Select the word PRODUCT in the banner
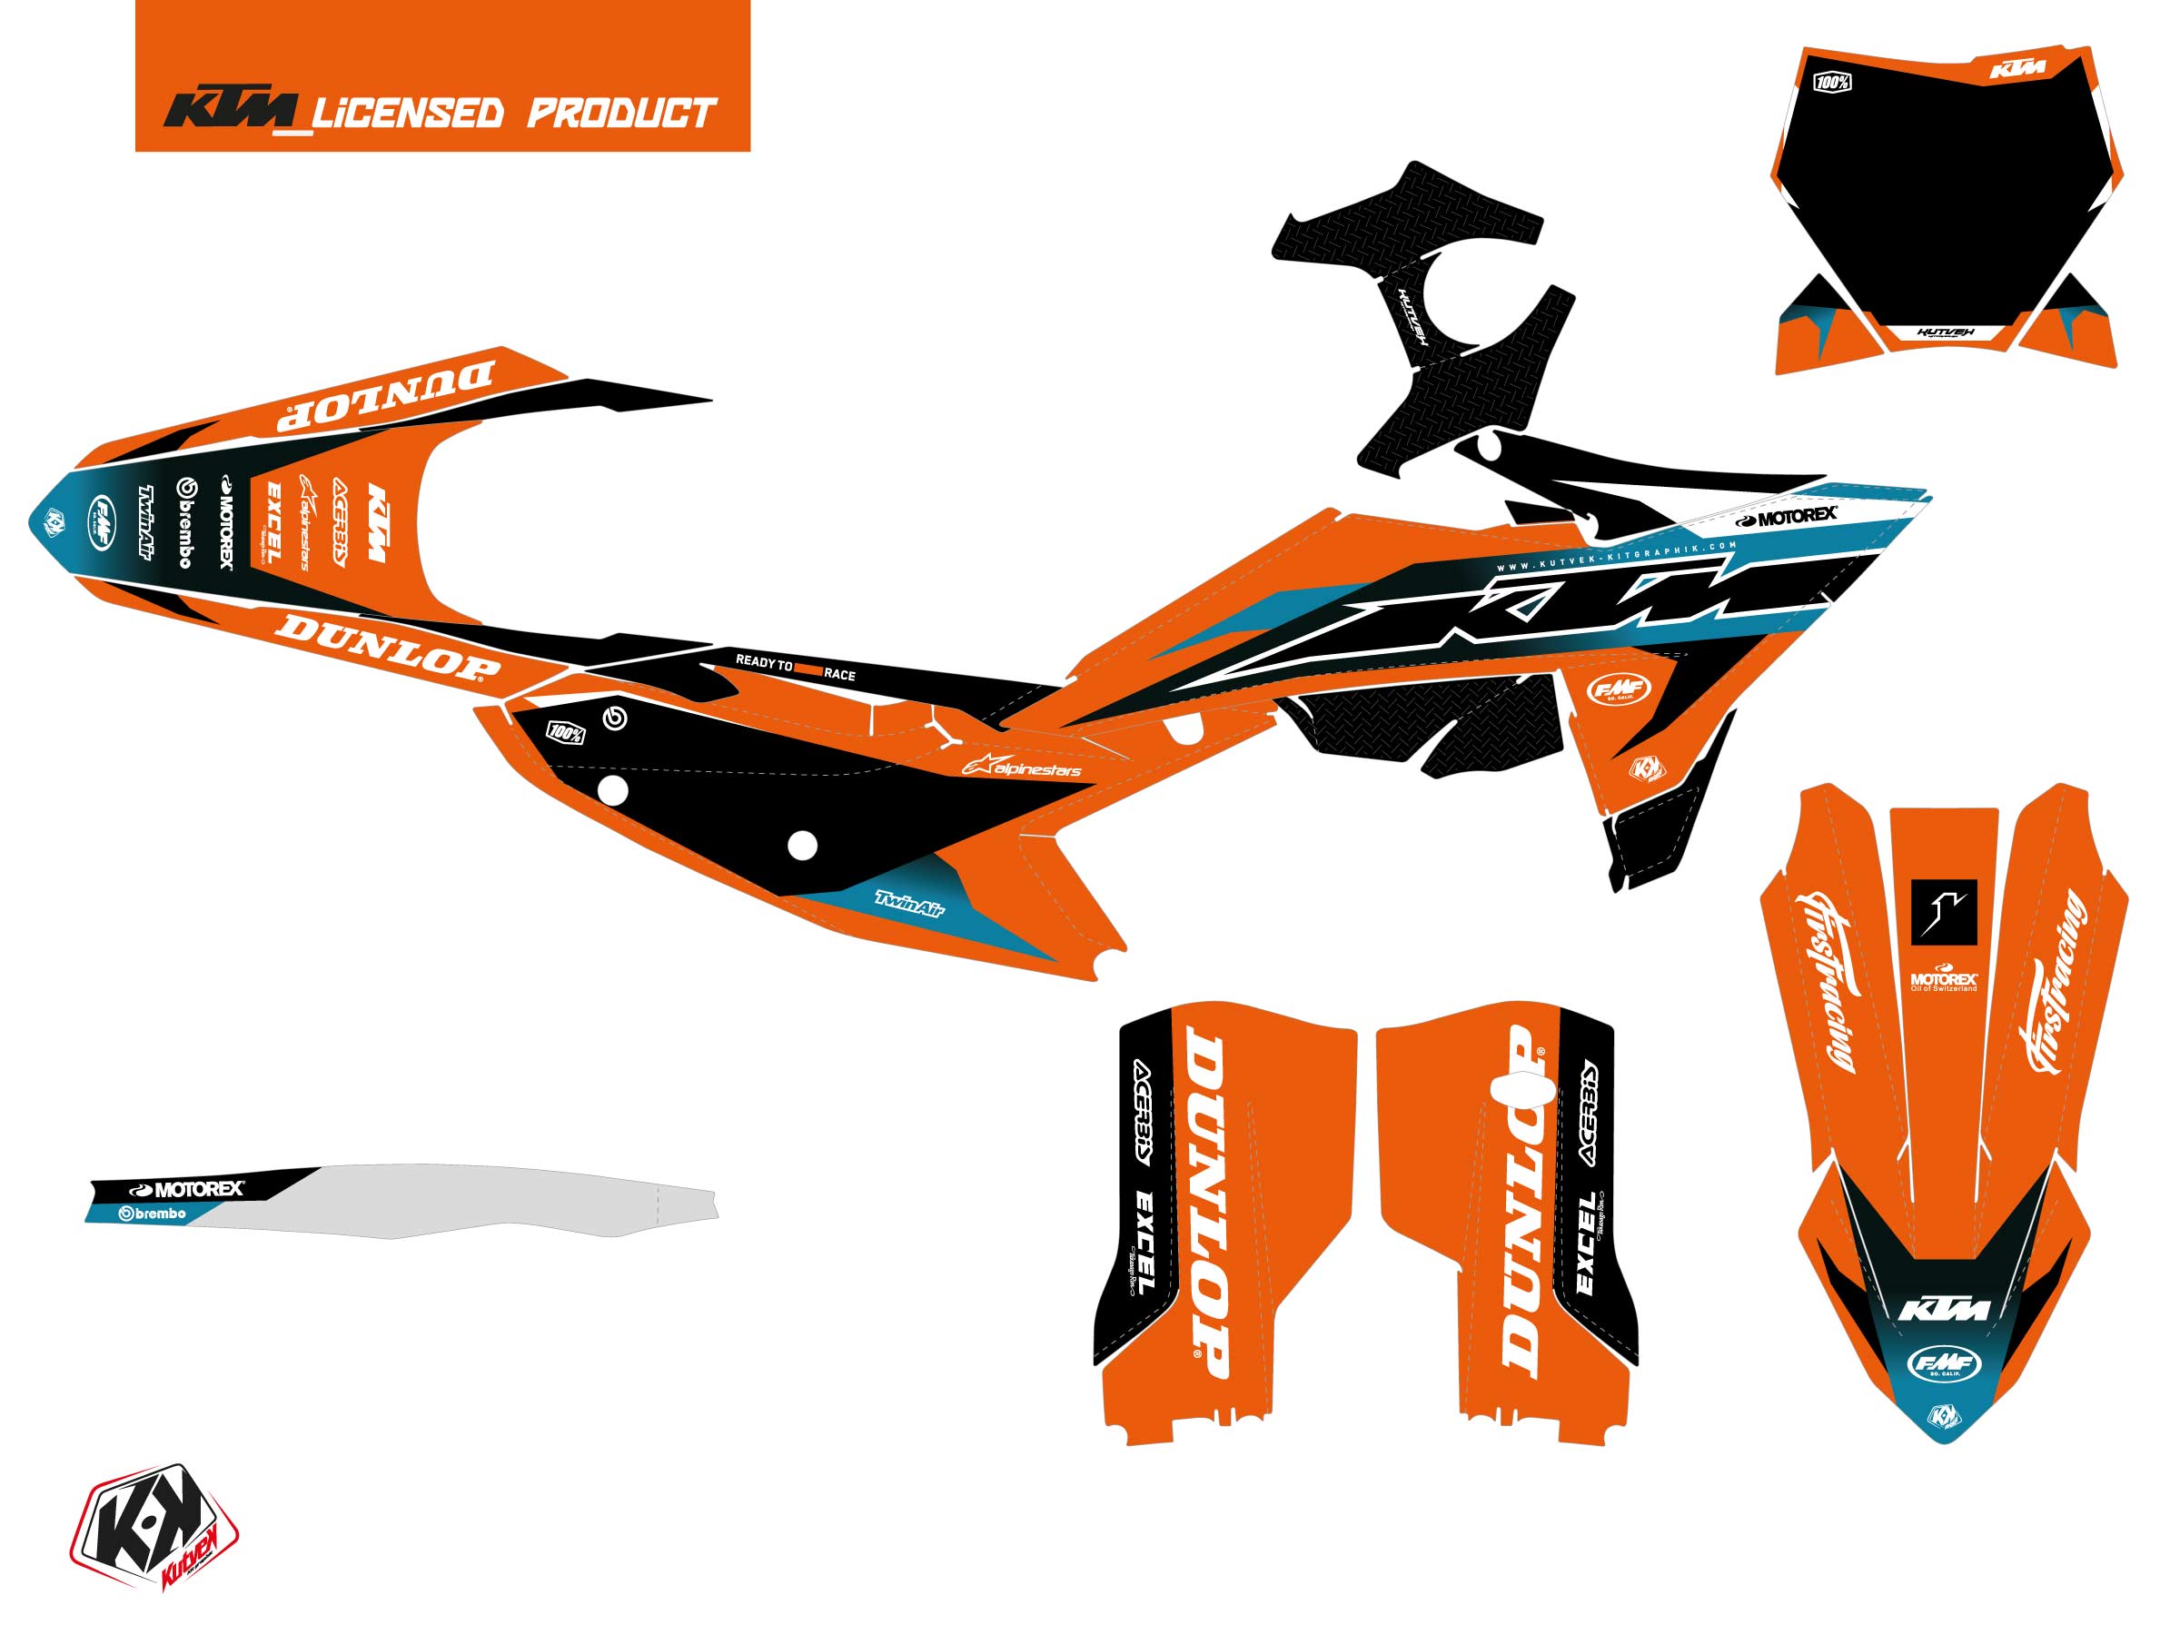[621, 114]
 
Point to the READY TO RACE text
[796, 669]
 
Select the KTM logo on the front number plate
[2017, 69]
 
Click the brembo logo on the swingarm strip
[152, 1214]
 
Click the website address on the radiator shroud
[1616, 558]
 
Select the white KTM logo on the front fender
[1944, 1309]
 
